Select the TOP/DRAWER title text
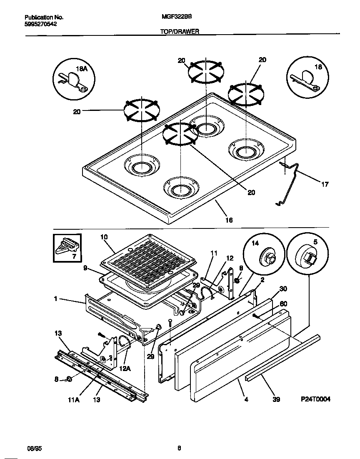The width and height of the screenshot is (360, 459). [180, 31]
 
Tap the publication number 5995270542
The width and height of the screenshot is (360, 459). [41, 24]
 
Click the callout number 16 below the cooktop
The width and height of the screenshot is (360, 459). [229, 220]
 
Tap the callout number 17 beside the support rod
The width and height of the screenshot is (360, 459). [325, 184]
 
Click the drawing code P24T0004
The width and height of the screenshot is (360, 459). [315, 399]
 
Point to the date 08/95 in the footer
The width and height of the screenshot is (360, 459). [34, 449]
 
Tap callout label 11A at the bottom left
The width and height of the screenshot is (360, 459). [74, 399]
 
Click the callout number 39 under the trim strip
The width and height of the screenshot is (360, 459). [276, 399]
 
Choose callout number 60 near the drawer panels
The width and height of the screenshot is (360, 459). [283, 303]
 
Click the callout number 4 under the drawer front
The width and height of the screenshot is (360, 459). [246, 399]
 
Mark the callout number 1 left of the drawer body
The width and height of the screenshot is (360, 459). [55, 299]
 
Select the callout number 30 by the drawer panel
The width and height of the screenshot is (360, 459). [283, 289]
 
